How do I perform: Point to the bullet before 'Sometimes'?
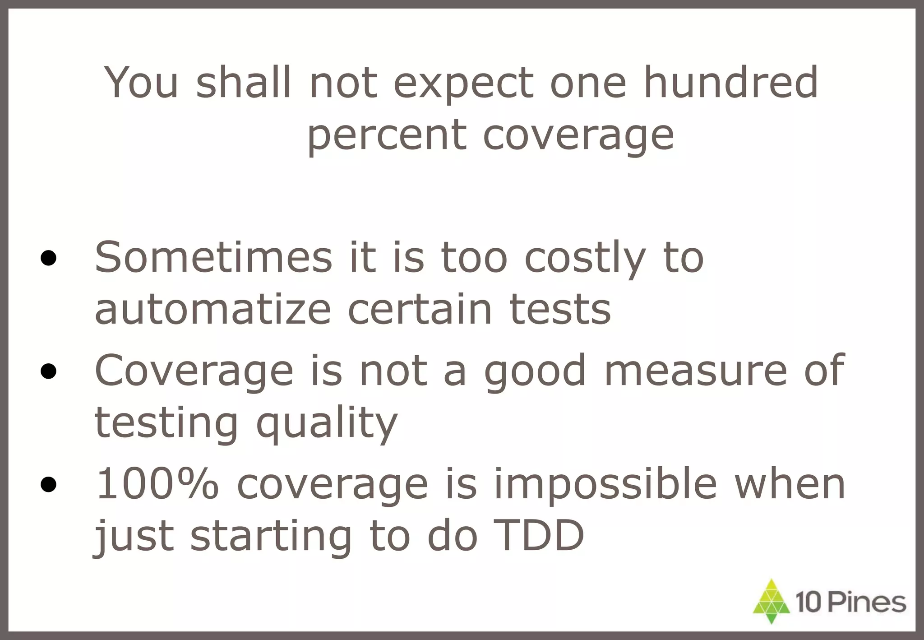tap(48, 259)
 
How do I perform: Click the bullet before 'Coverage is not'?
tap(48, 371)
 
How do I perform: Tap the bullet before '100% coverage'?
tap(48, 485)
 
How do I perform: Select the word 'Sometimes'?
tap(213, 257)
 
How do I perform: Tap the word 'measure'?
tap(695, 371)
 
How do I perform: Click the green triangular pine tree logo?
tap(772, 601)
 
